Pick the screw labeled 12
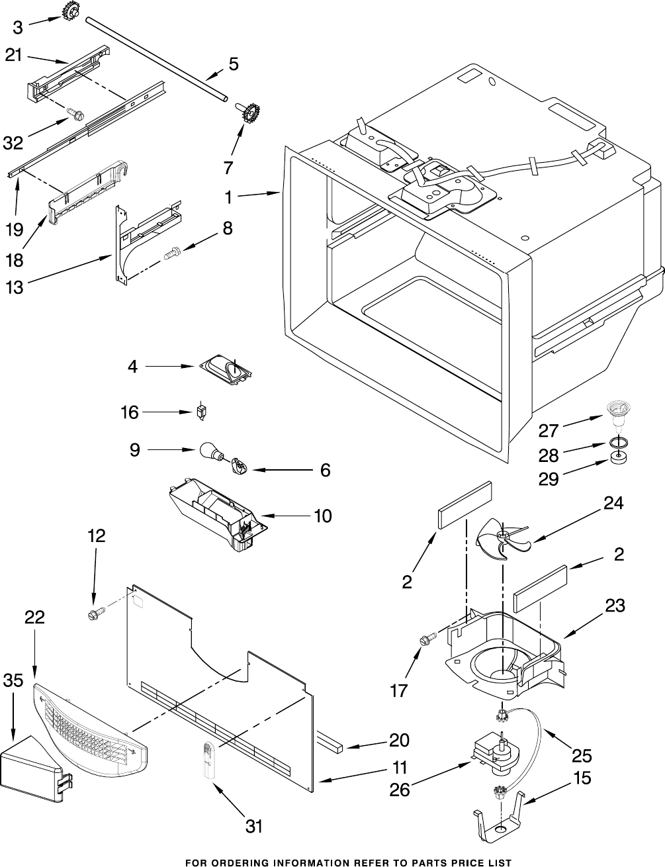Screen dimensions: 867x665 [x=94, y=615]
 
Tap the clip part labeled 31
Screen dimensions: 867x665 [x=207, y=761]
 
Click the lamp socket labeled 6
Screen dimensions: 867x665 [x=239, y=467]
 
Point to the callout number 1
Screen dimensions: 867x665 [x=228, y=197]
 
